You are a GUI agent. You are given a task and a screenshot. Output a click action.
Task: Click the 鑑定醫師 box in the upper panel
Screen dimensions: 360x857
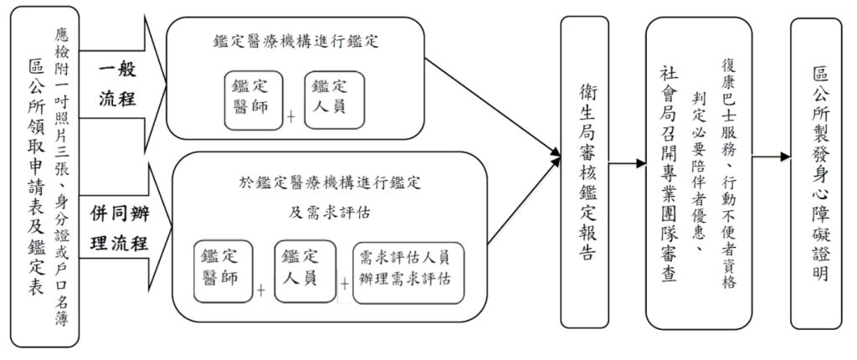click(x=253, y=98)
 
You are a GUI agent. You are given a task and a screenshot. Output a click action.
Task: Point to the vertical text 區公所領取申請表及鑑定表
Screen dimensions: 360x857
click(x=37, y=180)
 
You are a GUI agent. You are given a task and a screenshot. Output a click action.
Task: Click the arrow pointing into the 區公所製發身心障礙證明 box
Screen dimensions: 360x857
click(x=772, y=157)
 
